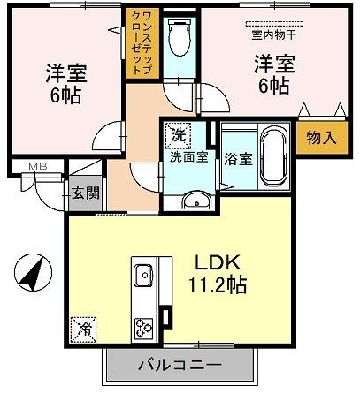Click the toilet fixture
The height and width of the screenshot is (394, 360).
(x=180, y=38)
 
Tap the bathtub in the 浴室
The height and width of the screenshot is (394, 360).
(x=274, y=157)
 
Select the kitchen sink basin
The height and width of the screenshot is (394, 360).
(x=143, y=275)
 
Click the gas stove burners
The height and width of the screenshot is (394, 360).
(x=143, y=329)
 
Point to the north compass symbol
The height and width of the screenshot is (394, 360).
(x=33, y=272)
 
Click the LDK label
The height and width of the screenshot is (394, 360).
(x=218, y=263)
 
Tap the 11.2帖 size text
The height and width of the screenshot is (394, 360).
(x=218, y=284)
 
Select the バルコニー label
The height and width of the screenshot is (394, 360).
(x=180, y=366)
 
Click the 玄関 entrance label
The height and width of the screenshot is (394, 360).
(x=86, y=193)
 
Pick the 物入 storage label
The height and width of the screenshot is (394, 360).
(x=321, y=138)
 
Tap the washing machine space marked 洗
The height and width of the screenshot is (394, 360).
(x=178, y=135)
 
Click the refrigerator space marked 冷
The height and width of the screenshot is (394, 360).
(x=83, y=330)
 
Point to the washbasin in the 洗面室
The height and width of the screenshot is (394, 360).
(x=196, y=201)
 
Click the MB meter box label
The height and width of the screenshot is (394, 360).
(x=38, y=167)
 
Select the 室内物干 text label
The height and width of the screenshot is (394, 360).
(x=274, y=35)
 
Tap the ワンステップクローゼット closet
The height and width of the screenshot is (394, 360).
(x=142, y=43)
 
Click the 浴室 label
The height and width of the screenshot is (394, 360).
(x=239, y=159)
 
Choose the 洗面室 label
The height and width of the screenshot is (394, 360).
(x=189, y=157)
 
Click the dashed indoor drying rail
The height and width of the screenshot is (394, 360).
(x=274, y=24)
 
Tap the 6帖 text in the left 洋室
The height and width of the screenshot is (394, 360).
(x=65, y=95)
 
